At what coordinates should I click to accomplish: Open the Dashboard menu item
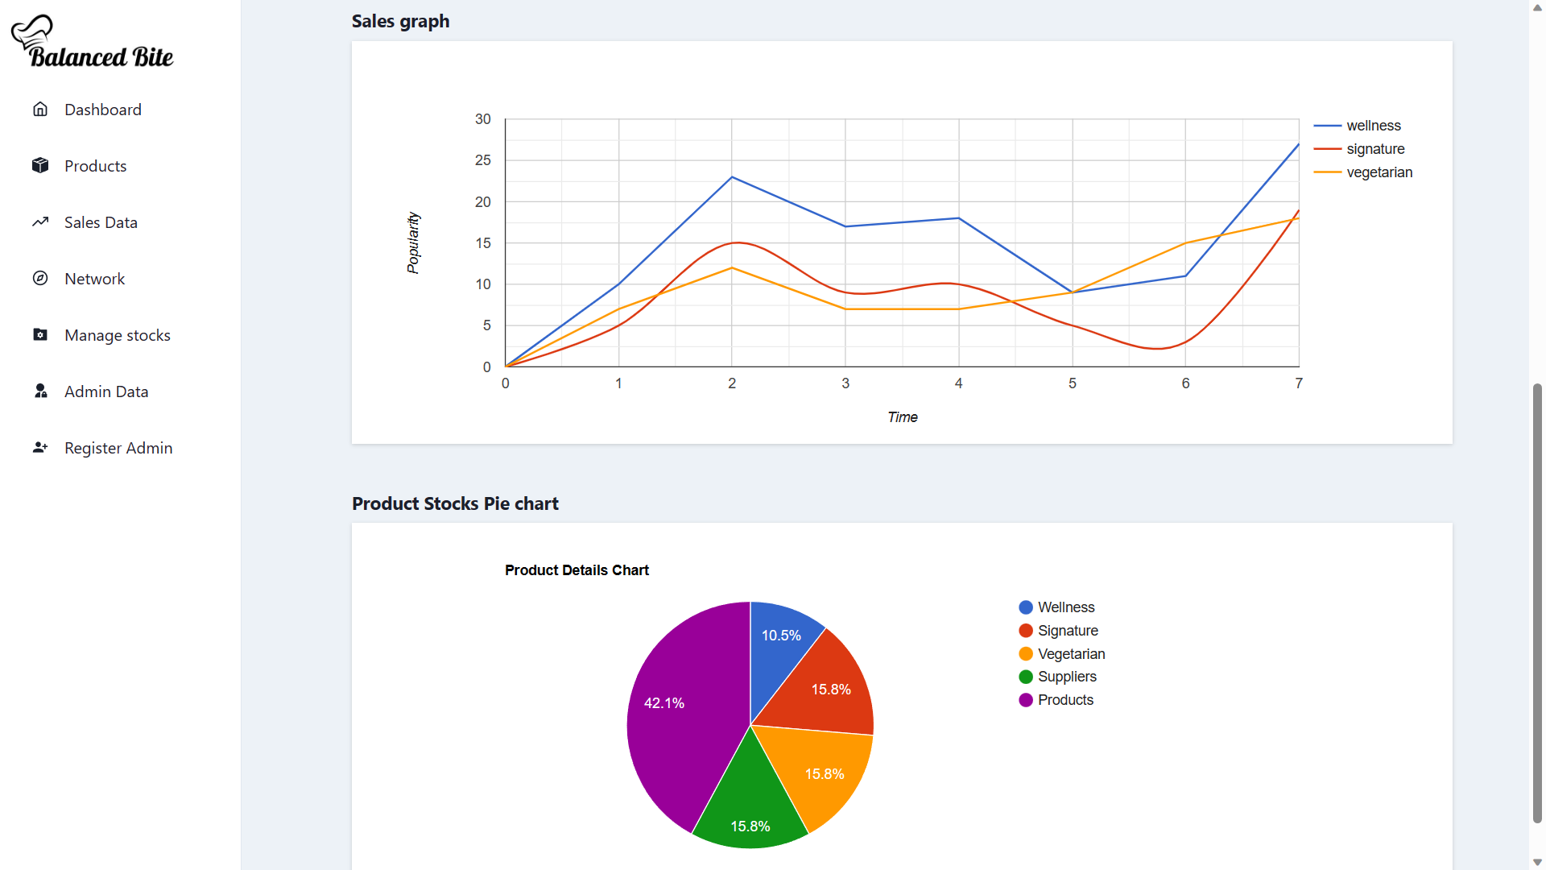tap(102, 110)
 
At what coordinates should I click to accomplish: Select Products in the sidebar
tap(95, 166)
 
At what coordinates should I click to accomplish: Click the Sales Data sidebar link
tap(101, 222)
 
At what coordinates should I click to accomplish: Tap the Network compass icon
tap(40, 279)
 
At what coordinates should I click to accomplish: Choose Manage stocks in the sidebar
tap(117, 335)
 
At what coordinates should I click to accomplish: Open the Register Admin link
tap(118, 448)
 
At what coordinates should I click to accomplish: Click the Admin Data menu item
tap(105, 391)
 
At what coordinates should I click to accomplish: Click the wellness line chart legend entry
tap(1373, 126)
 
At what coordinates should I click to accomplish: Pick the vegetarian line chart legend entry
tap(1379, 172)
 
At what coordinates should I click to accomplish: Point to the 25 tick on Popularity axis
tap(482, 160)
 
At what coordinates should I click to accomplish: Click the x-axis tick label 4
tap(958, 383)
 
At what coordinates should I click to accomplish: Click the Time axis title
tap(902, 417)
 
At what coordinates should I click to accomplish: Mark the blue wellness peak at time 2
tap(732, 177)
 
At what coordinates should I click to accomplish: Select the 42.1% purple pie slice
tap(676, 717)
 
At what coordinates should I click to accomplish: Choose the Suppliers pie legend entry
tap(1066, 677)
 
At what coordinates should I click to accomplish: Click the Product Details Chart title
tap(577, 570)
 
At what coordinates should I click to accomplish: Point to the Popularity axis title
tap(413, 242)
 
